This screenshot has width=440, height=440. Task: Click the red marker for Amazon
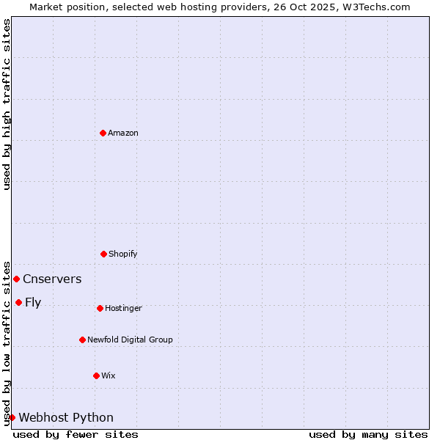103,133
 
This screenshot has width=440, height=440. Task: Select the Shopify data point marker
103,254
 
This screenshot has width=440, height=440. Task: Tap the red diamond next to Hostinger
100,308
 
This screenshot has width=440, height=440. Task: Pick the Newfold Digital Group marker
82,340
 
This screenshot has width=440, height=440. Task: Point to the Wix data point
96,375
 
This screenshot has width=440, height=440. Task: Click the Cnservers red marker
16,279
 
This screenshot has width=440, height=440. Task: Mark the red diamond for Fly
18,302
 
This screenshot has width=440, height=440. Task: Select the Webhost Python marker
12,417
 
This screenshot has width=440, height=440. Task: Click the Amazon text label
123,133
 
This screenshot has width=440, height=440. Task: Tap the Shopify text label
123,254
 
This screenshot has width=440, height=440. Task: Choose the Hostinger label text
123,308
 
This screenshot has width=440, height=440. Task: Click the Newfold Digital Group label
130,340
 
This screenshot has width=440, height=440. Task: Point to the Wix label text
109,375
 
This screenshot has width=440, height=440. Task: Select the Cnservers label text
52,279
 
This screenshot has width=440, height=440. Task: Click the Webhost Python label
66,417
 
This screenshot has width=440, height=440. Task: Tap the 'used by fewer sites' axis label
76,434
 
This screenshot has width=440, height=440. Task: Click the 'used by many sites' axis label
368,434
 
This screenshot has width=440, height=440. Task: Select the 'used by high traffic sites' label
7,104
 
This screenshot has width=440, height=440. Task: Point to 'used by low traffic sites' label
7,342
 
